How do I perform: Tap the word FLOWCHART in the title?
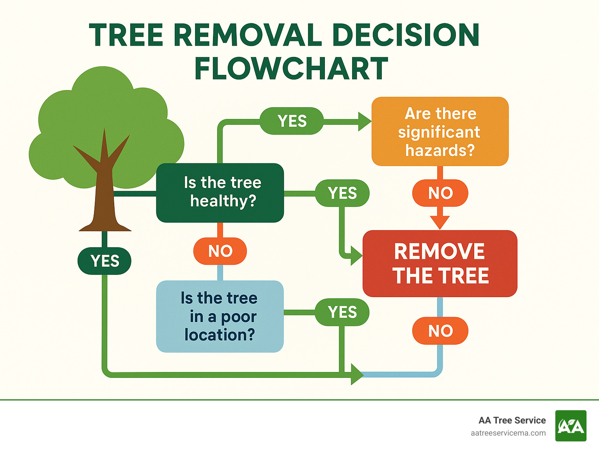click(x=291, y=69)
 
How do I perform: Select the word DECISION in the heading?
click(x=406, y=35)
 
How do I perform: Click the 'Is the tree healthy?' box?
click(x=220, y=193)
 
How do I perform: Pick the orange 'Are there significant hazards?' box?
click(x=440, y=132)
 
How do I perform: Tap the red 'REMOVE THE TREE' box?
click(x=440, y=264)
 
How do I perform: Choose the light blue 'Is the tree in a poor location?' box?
click(x=220, y=316)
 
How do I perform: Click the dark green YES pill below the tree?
click(x=105, y=261)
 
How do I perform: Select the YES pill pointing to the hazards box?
click(x=292, y=121)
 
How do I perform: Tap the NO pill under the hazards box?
click(x=440, y=193)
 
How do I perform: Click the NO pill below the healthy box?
click(x=220, y=251)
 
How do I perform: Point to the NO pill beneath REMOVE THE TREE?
click(x=440, y=331)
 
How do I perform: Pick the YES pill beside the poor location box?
click(x=342, y=312)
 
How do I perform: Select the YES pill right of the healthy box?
click(x=342, y=193)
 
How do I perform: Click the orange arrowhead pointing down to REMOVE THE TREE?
click(x=440, y=222)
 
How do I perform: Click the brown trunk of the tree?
click(x=104, y=195)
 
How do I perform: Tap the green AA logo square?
click(x=571, y=426)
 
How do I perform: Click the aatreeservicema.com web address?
click(x=508, y=433)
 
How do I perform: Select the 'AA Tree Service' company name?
click(x=512, y=420)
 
